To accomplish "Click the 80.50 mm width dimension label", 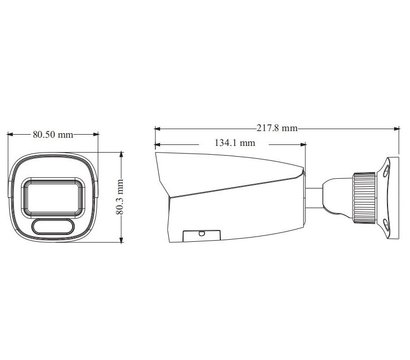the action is pos(53,135).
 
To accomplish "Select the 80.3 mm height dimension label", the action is pos(120,197).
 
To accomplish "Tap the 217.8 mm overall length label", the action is pos(277,128).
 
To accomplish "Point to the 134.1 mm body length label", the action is pos(235,143).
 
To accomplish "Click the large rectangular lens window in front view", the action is pos(53,197).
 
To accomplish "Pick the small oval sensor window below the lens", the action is pos(53,227).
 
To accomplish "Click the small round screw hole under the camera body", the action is pos(201,233).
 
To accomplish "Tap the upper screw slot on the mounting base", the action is pos(386,171).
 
